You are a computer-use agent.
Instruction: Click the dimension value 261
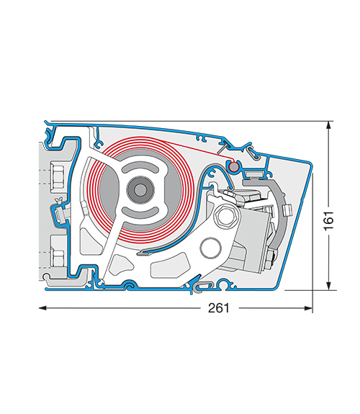[219, 308]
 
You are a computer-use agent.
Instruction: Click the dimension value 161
[329, 221]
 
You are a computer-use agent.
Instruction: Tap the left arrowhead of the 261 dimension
[42, 308]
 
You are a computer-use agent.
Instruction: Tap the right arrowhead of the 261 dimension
[308, 308]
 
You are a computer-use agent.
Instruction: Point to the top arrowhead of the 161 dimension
[328, 125]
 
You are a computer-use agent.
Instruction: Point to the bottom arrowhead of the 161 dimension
[328, 286]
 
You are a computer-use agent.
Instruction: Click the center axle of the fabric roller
[140, 189]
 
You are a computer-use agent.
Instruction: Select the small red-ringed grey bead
[233, 167]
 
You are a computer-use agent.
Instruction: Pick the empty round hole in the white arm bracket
[210, 248]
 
